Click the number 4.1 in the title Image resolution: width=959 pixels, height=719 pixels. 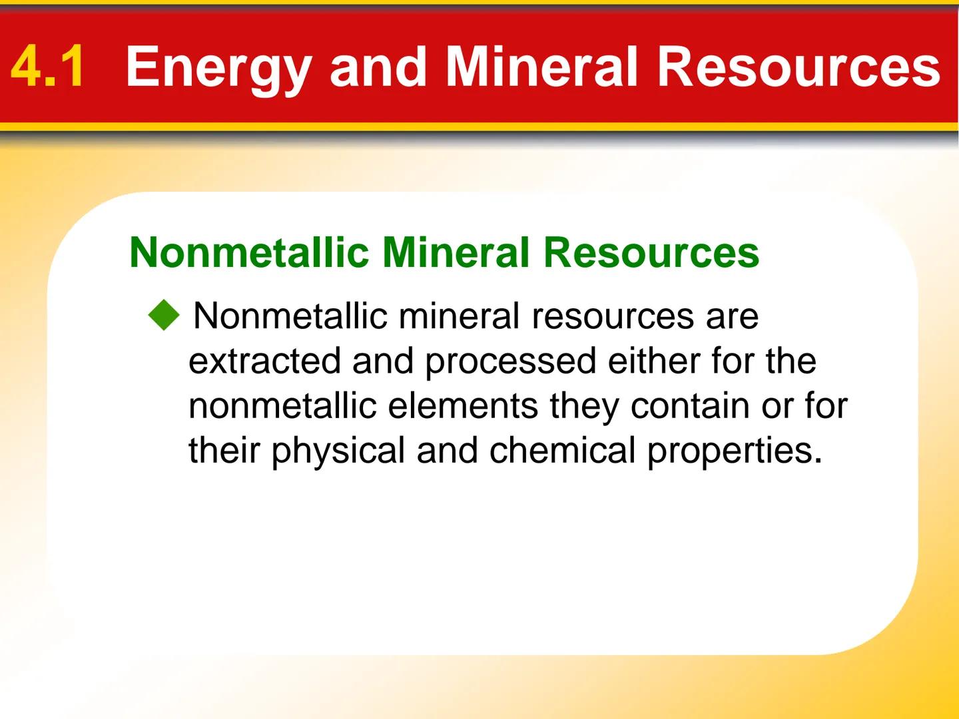(48, 67)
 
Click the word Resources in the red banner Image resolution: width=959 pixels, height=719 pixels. (799, 67)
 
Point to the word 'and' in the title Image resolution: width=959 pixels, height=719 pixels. (378, 67)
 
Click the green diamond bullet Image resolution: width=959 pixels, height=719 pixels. (164, 315)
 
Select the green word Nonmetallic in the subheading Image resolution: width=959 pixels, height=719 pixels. (249, 252)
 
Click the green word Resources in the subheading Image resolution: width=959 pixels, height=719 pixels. (651, 252)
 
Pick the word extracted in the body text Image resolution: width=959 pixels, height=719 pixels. (264, 361)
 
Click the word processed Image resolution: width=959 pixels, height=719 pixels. (510, 361)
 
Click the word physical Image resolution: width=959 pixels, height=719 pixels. (338, 451)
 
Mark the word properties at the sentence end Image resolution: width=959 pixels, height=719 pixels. (731, 451)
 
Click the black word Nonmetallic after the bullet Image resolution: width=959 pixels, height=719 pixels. (290, 316)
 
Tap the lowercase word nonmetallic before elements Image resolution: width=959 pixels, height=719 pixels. (282, 405)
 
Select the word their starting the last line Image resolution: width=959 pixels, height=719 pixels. (224, 451)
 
